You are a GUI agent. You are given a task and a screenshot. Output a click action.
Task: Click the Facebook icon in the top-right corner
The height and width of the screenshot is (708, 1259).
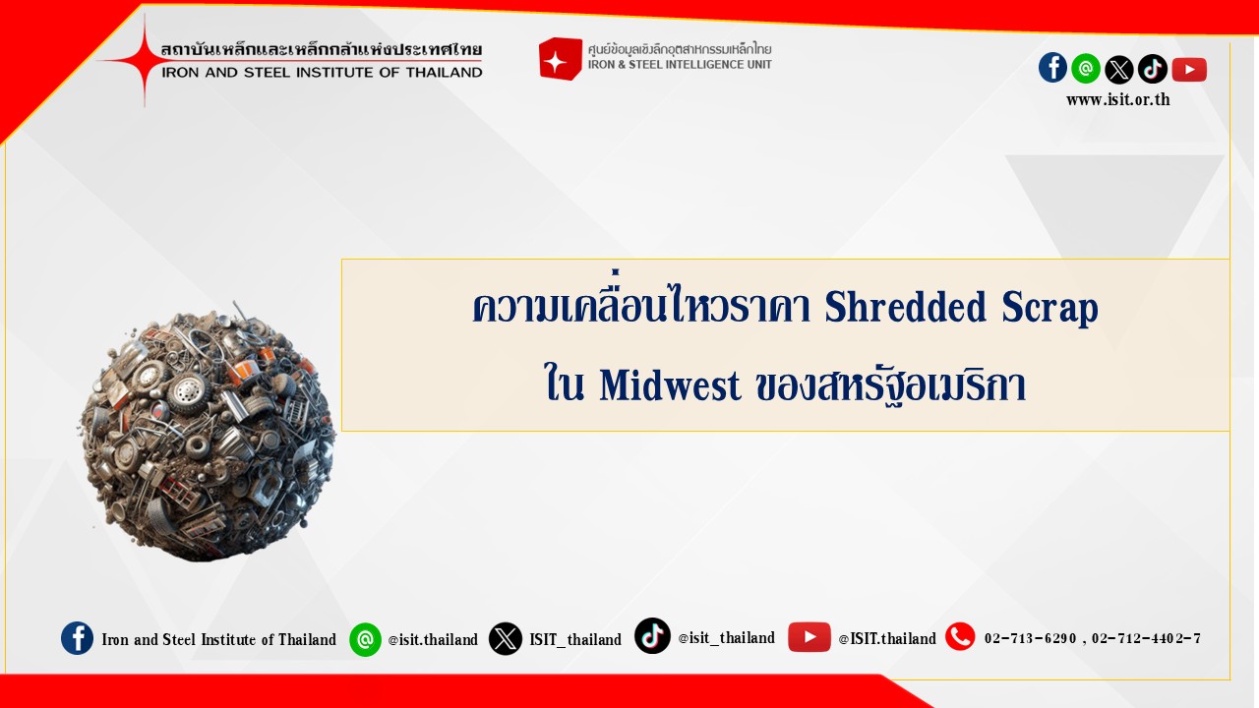click(1052, 68)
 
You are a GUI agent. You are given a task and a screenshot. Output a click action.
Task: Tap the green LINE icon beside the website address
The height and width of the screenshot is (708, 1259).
click(1086, 69)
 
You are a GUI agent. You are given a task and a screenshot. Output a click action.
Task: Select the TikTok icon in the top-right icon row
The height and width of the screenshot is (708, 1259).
click(1152, 69)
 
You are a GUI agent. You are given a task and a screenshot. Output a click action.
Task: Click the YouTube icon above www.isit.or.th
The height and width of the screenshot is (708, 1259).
click(1189, 70)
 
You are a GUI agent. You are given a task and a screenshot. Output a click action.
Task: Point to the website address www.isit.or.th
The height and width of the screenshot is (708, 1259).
click(1118, 100)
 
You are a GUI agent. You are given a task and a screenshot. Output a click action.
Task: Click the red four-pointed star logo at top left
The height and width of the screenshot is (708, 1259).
click(145, 60)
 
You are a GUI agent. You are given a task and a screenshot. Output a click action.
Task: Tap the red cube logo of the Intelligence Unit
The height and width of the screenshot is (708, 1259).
click(560, 58)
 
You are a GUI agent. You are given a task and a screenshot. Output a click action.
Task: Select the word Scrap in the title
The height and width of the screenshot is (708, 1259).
click(1049, 308)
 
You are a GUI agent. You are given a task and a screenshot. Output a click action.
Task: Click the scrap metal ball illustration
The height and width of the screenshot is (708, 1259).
click(208, 434)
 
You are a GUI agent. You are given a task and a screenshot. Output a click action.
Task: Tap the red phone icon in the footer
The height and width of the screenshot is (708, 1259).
click(960, 636)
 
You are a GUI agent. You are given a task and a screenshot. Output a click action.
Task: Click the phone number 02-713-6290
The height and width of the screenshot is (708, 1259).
click(1030, 638)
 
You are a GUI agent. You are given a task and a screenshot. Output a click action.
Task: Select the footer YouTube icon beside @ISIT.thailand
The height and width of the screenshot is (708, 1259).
click(809, 637)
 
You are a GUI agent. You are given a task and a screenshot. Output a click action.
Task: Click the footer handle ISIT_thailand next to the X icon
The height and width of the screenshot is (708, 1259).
click(575, 639)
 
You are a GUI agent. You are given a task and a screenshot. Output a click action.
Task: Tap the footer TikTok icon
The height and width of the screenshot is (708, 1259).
click(652, 636)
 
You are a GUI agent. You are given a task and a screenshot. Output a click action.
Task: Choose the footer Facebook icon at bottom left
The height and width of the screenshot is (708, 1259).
click(77, 638)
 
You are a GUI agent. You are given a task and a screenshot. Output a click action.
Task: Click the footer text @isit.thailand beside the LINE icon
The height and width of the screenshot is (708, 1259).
click(433, 639)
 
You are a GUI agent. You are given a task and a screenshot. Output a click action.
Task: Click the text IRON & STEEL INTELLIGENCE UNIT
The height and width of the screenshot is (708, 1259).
click(680, 65)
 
